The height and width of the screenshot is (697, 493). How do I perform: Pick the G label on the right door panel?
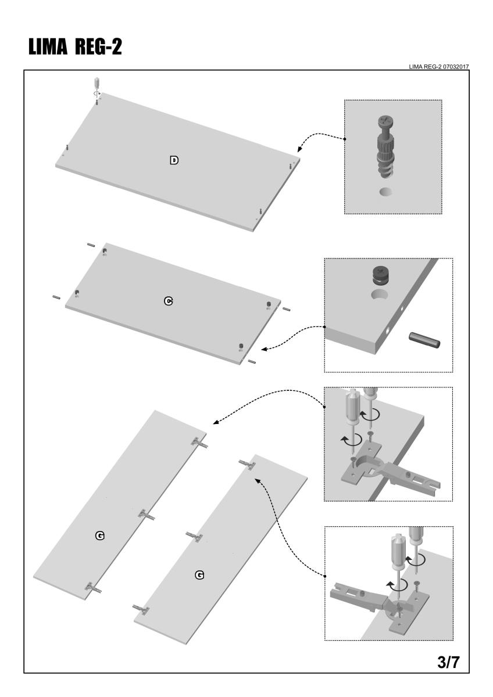(x=199, y=574)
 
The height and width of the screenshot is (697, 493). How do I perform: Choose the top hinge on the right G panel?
(x=247, y=465)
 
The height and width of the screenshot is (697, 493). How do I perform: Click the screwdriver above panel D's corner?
(x=97, y=83)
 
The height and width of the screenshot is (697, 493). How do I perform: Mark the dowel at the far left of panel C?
(x=55, y=297)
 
